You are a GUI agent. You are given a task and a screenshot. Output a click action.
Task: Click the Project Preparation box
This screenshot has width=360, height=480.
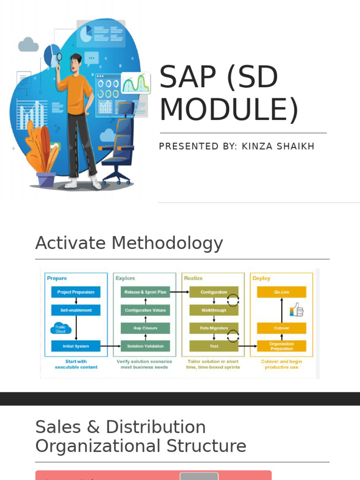(x=76, y=292)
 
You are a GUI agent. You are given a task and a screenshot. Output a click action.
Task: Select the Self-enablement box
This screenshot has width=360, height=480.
(x=76, y=310)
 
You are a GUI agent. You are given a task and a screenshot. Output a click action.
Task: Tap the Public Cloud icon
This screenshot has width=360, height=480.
(x=61, y=329)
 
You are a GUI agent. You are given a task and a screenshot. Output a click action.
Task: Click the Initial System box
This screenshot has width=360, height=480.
(x=76, y=346)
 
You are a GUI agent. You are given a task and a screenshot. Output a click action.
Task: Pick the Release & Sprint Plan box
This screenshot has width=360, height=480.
(x=145, y=292)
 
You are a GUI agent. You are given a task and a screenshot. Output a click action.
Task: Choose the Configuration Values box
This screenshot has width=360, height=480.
(x=145, y=310)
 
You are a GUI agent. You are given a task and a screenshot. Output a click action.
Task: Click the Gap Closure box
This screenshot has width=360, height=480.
(x=145, y=328)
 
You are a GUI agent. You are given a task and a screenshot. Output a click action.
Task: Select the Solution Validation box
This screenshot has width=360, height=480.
(x=145, y=346)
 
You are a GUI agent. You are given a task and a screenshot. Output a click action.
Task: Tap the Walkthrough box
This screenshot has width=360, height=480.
(x=214, y=310)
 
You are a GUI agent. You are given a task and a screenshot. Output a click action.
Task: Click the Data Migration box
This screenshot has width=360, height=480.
(x=214, y=328)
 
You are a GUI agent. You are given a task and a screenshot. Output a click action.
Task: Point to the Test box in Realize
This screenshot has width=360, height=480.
(x=214, y=346)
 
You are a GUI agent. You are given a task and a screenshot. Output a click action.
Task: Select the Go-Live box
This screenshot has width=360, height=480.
(x=282, y=292)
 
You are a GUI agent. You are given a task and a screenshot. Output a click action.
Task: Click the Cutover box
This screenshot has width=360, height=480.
(x=282, y=328)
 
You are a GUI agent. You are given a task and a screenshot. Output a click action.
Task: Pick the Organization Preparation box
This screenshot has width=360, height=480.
(x=282, y=346)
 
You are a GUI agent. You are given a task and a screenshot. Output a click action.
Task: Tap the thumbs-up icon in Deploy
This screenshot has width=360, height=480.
(x=297, y=310)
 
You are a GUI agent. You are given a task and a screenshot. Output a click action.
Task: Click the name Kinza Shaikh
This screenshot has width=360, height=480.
(x=278, y=147)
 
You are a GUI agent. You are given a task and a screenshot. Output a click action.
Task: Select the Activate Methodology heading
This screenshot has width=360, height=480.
(x=129, y=243)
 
